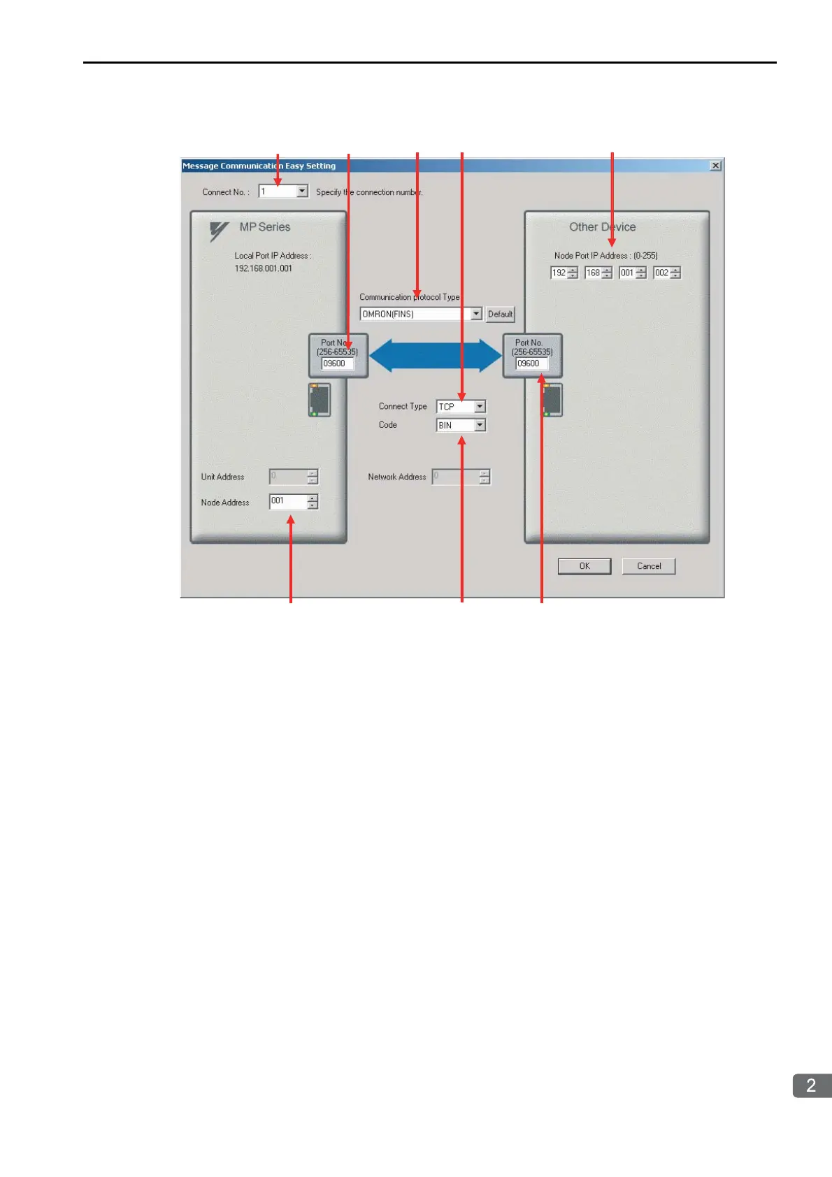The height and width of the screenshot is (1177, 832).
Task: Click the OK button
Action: [x=584, y=566]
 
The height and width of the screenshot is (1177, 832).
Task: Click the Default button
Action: [x=500, y=315]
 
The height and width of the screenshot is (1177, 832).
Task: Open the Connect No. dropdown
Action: [x=302, y=192]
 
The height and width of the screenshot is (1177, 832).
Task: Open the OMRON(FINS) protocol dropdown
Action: [x=476, y=315]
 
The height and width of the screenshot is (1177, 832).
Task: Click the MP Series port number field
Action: [x=337, y=363]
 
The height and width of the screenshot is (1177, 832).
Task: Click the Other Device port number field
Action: [x=531, y=363]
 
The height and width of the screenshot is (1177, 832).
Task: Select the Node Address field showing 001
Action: [x=288, y=501]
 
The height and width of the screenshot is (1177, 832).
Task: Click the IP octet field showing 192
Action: [x=559, y=273]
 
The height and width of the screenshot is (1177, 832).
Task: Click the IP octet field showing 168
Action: [x=593, y=273]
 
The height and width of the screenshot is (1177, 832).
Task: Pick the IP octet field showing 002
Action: [x=661, y=273]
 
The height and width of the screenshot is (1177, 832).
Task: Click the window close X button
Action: [x=715, y=166]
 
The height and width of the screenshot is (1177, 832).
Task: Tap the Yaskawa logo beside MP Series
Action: [x=219, y=231]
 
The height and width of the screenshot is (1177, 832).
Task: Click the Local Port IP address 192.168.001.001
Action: [x=264, y=268]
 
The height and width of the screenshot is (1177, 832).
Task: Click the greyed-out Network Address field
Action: [x=456, y=477]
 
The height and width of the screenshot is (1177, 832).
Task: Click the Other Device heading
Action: [x=602, y=227]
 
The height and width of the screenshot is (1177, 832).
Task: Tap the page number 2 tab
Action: [x=811, y=1085]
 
